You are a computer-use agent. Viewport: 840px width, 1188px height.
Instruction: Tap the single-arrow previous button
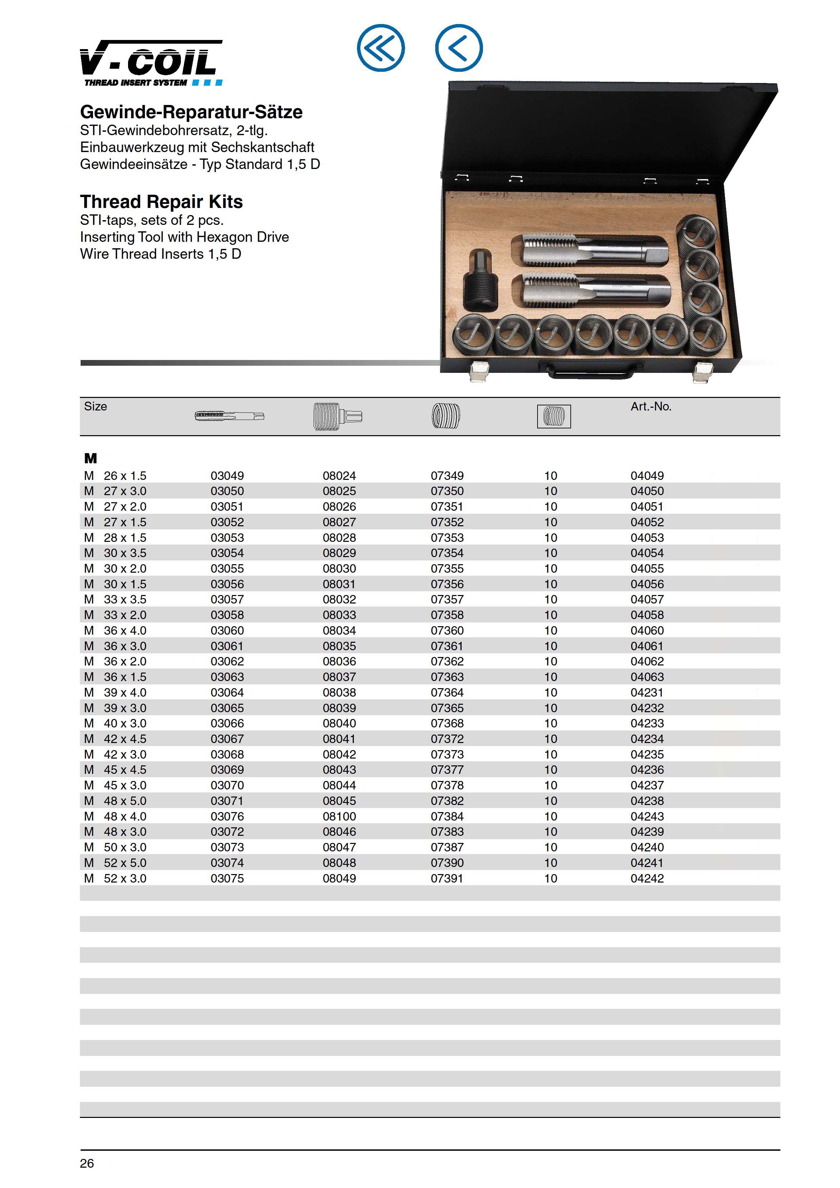(x=459, y=48)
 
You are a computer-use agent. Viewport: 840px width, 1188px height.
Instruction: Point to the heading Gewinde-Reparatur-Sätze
(x=191, y=112)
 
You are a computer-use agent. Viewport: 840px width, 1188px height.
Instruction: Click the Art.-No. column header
(x=651, y=407)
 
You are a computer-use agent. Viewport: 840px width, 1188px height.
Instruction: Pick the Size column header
(x=96, y=407)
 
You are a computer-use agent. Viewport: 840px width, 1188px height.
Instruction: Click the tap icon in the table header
(x=229, y=416)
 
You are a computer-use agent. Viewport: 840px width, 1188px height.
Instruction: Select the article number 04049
(x=647, y=475)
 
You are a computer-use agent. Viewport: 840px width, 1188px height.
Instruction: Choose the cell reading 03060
(x=227, y=631)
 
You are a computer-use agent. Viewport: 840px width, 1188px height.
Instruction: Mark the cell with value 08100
(x=339, y=816)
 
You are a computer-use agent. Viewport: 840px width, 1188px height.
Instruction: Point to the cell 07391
(x=447, y=878)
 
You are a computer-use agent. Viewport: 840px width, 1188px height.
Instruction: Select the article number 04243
(x=647, y=816)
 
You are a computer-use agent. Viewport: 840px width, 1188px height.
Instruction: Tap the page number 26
(x=87, y=1164)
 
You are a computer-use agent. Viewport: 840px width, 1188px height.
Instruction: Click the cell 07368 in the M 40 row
(x=447, y=723)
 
